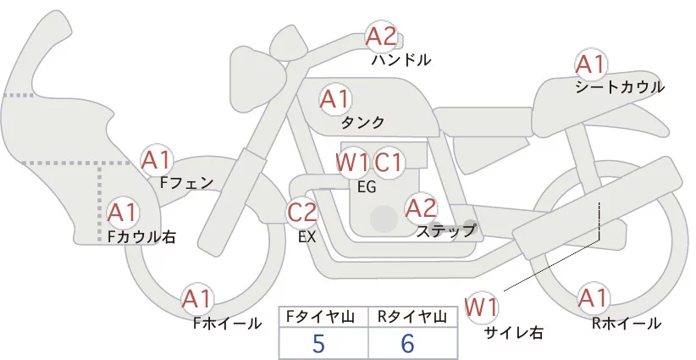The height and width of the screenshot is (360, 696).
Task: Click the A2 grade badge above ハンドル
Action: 381,36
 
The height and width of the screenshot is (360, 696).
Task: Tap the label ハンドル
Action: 401,60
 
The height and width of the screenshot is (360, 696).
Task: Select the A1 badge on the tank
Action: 334,99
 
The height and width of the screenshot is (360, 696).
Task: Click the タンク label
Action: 363,122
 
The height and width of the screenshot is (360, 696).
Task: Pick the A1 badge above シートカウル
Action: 590,64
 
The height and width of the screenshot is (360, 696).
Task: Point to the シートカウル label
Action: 619,87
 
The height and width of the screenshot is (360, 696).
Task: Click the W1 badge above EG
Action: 352,162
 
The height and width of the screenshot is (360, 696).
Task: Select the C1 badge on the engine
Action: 389,162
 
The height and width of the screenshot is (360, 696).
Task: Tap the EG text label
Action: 367,186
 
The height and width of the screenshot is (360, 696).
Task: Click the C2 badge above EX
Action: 302,212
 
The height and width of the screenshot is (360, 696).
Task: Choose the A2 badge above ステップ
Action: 421,207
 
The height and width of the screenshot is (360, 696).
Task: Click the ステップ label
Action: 446,230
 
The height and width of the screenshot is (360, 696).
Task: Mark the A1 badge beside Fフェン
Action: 157,158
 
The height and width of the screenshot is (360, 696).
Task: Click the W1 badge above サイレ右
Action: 482,305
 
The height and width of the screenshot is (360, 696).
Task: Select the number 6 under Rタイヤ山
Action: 408,343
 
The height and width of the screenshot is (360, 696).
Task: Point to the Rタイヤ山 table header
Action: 411,317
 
